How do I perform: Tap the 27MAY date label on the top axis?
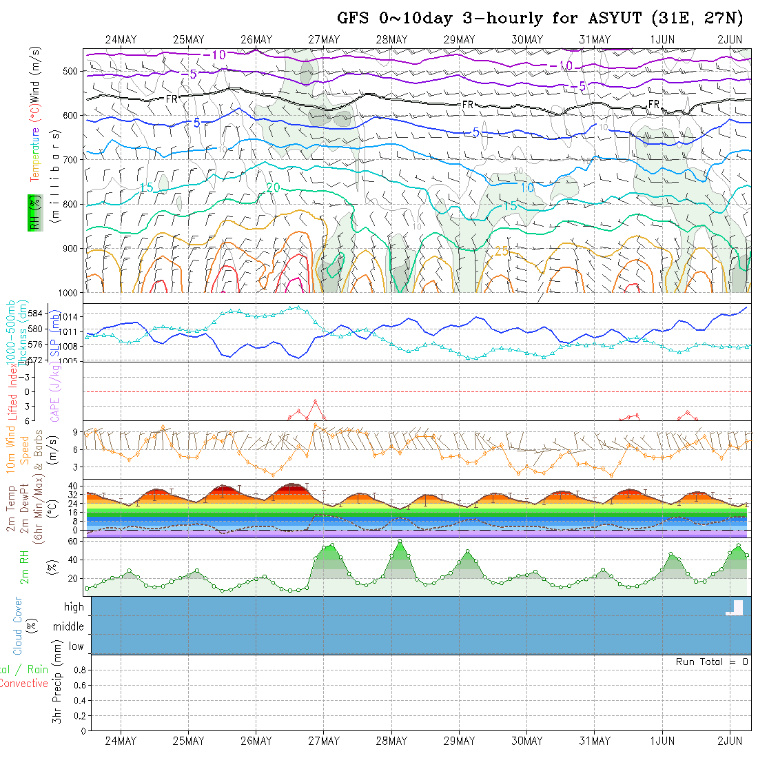[x=324, y=40]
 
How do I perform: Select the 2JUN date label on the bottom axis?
[x=729, y=741]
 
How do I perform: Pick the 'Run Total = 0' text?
[x=712, y=662]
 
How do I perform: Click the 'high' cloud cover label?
[x=74, y=607]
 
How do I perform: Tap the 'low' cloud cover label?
[x=76, y=646]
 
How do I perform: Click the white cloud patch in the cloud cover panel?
[x=735, y=608]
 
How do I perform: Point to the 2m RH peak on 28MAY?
[x=400, y=542]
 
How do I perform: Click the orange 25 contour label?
[x=502, y=251]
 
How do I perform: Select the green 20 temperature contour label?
[x=273, y=187]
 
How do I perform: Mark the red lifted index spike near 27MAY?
[x=315, y=402]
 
